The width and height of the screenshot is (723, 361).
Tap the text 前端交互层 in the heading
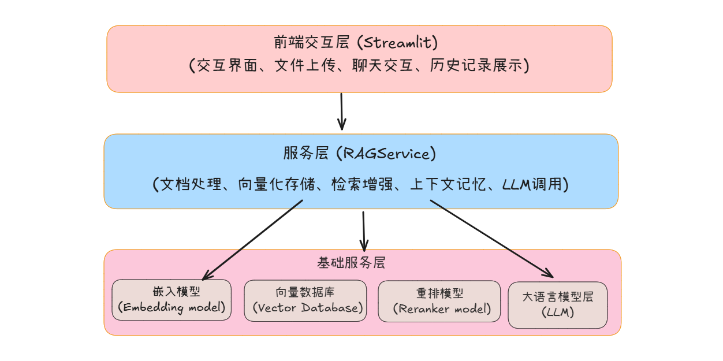pyautogui.click(x=312, y=43)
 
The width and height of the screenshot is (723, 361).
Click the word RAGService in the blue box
pyautogui.click(x=386, y=154)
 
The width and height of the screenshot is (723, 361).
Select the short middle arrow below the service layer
pyautogui.click(x=364, y=230)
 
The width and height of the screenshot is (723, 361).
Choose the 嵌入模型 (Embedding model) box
pyautogui.click(x=172, y=300)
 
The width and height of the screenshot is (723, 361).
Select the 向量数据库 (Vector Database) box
pyautogui.click(x=305, y=300)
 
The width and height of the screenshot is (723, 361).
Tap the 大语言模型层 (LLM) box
pyautogui.click(x=558, y=305)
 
